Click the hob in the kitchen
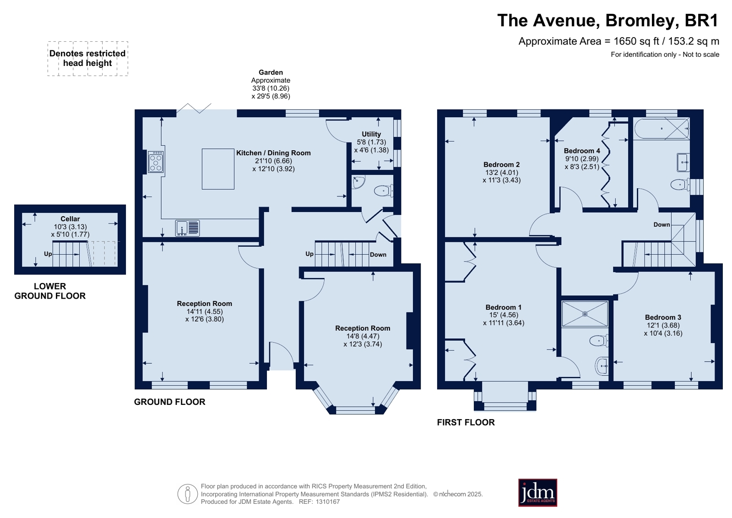[156, 162]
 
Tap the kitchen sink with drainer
[187, 228]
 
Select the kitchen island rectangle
[218, 169]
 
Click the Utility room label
[371, 134]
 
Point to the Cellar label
[70, 219]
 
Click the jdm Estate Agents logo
[537, 492]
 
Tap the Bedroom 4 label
[582, 151]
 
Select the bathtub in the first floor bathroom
[662, 129]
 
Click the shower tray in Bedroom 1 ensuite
[585, 314]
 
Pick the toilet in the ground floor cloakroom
[383, 191]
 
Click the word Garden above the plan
[271, 72]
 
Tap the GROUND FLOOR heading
[169, 402]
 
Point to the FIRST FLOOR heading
[466, 422]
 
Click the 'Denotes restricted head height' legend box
[87, 59]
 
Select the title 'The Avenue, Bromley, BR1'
[608, 21]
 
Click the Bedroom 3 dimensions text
[663, 329]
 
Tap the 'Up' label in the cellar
[48, 254]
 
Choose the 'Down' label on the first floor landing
[662, 225]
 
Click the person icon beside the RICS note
[188, 494]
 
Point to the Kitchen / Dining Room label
[273, 153]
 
